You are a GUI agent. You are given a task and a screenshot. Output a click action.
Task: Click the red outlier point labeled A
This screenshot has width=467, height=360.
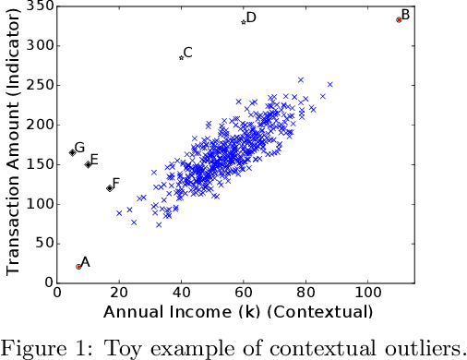click(x=79, y=266)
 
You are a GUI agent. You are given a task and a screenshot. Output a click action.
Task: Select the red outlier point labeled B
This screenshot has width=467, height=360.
click(x=399, y=18)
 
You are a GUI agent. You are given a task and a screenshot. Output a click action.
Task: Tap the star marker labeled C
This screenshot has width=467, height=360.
click(x=181, y=57)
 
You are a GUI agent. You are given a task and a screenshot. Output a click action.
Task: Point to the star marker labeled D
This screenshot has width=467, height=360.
click(x=244, y=22)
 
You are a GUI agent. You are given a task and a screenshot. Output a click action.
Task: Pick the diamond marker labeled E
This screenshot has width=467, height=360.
click(x=88, y=164)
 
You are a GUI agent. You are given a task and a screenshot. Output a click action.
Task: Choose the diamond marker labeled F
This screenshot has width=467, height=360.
click(x=110, y=187)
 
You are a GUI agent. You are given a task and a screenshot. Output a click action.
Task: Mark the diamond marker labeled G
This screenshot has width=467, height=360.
click(x=72, y=152)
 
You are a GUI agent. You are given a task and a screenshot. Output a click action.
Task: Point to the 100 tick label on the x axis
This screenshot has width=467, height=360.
click(x=368, y=294)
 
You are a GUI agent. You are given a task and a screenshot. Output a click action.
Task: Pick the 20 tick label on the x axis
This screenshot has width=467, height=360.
click(x=119, y=294)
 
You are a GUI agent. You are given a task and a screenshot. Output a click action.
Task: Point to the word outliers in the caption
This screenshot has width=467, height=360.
click(x=419, y=347)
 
